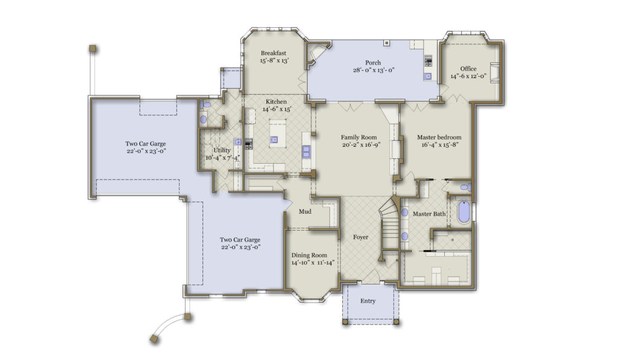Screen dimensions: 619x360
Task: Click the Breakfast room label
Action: [x=273, y=53]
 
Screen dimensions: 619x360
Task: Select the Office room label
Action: [x=468, y=68]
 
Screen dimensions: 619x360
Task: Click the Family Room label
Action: [x=358, y=137]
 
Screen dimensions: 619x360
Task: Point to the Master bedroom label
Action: [x=439, y=137]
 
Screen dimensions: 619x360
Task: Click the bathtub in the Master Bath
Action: [x=464, y=212]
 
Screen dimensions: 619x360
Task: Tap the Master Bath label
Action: [x=429, y=214]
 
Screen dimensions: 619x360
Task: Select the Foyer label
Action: [x=361, y=237]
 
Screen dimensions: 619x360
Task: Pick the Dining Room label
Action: [x=309, y=255]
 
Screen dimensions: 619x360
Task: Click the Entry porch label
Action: [x=368, y=301]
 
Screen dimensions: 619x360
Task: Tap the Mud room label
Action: [x=305, y=212]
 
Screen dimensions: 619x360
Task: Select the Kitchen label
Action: [x=274, y=101]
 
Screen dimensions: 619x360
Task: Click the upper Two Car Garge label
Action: [x=146, y=144]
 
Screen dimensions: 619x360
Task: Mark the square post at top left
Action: [x=92, y=48]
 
